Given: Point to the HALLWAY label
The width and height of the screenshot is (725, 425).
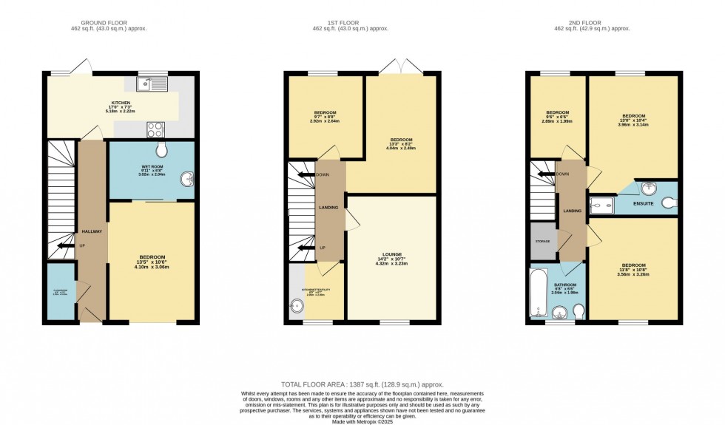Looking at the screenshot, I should coord(92,231).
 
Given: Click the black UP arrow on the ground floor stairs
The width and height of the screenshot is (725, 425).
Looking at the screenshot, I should coord(64,246).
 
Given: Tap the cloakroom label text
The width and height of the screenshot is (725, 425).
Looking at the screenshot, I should coord(59,292).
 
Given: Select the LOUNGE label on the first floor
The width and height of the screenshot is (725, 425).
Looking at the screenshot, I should coord(391,253).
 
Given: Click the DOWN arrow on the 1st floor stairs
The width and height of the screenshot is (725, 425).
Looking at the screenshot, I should coord(303,175).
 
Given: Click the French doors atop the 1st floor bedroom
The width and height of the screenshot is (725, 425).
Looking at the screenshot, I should coord(402,68).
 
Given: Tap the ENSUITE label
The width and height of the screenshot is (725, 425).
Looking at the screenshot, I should coord(642,203).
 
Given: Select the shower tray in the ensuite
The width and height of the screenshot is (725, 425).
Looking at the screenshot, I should coord(599,202).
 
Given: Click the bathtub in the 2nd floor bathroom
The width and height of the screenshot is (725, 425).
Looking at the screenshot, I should coord(538,293).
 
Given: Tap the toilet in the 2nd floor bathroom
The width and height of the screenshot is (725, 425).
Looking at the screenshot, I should coord(579,311).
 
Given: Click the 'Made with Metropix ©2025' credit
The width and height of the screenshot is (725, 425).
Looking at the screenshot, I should coord(362,421).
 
